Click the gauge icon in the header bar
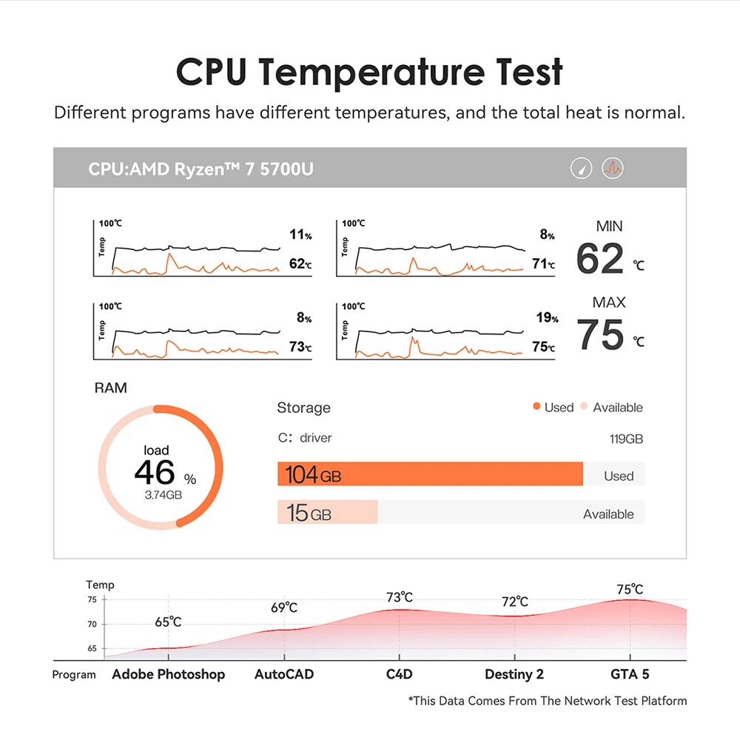(x=581, y=168)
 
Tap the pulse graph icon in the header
(x=613, y=168)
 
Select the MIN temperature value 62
(x=600, y=259)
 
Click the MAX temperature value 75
(x=600, y=334)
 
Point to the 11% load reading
(x=300, y=235)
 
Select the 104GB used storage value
(x=313, y=475)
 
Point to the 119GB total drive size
(x=626, y=439)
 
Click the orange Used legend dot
(x=536, y=408)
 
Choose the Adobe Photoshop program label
(x=169, y=674)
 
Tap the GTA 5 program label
(x=630, y=674)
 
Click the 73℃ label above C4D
(x=400, y=598)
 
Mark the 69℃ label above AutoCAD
(x=284, y=608)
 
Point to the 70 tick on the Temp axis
(x=92, y=625)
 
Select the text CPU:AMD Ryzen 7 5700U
(x=201, y=169)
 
